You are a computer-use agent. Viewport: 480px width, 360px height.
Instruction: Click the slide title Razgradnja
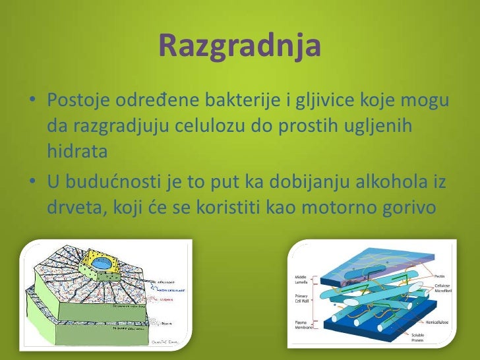click(x=240, y=45)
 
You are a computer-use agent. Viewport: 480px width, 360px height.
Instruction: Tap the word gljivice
click(x=318, y=103)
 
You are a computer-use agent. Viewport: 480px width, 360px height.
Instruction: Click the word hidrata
click(x=76, y=152)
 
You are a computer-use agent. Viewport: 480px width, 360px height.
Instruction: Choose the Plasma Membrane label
click(x=301, y=324)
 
